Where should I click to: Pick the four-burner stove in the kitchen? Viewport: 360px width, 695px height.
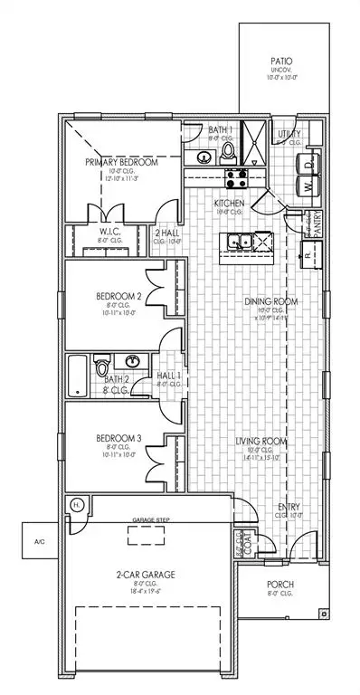pyautogui.click(x=234, y=177)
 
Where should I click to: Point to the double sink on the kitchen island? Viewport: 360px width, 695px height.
pyautogui.click(x=240, y=241)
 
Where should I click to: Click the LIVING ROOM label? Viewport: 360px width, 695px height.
pyautogui.click(x=261, y=442)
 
